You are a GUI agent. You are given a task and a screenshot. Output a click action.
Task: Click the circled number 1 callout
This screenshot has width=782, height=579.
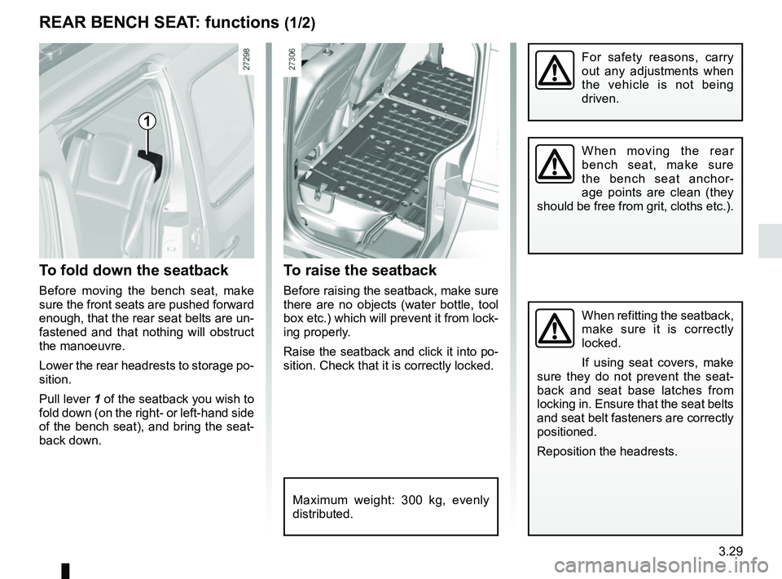click(x=147, y=122)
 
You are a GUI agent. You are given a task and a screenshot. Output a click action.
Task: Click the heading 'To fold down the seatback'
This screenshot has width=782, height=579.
click(x=134, y=270)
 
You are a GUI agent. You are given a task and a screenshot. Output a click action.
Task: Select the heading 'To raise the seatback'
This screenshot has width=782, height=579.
click(x=360, y=270)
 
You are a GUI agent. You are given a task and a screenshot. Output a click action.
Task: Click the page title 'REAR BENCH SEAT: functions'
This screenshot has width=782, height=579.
click(x=159, y=24)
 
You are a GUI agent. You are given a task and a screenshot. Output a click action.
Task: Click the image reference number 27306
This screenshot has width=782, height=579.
click(x=293, y=59)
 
